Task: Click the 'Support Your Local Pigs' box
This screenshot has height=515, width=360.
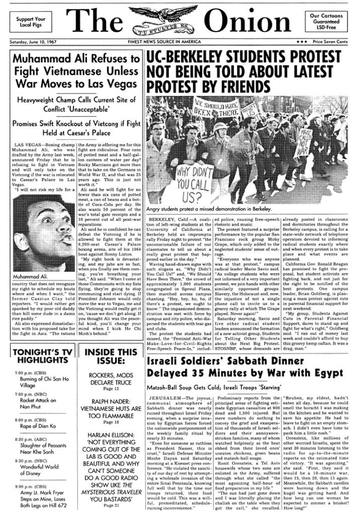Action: point(30,22)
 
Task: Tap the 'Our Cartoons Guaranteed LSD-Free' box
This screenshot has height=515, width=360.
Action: point(329,22)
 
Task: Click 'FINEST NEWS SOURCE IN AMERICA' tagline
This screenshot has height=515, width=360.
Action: point(179,43)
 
